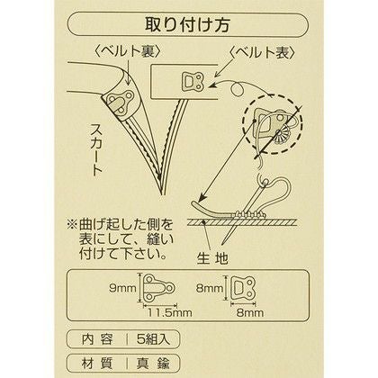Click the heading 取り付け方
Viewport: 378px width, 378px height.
(x=188, y=25)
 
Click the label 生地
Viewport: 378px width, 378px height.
(x=212, y=257)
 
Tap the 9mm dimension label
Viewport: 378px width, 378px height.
(x=122, y=289)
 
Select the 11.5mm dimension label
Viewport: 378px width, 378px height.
(x=169, y=313)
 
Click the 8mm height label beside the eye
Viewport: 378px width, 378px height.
(x=210, y=289)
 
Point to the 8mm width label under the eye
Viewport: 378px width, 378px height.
(x=250, y=313)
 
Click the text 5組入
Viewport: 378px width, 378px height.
(x=154, y=339)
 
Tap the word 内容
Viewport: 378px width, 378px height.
(x=97, y=339)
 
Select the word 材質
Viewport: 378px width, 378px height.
(x=97, y=364)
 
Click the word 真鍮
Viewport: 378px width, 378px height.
(x=154, y=364)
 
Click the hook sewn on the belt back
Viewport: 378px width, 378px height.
(x=118, y=103)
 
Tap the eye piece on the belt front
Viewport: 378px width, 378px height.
(x=193, y=81)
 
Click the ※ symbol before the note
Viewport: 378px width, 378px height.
(x=72, y=225)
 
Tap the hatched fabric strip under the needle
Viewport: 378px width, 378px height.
(x=242, y=222)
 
